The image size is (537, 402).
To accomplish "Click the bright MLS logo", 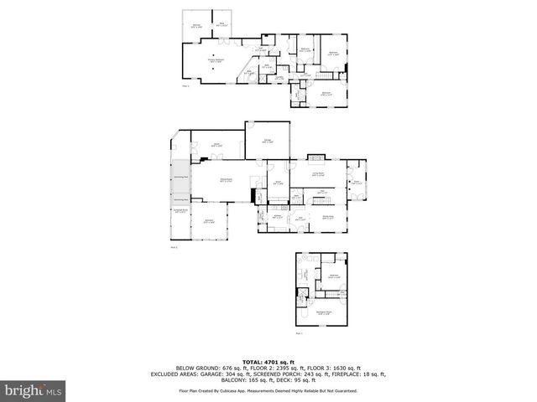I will click(x=34, y=389).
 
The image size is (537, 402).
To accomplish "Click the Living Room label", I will click(x=319, y=173).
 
